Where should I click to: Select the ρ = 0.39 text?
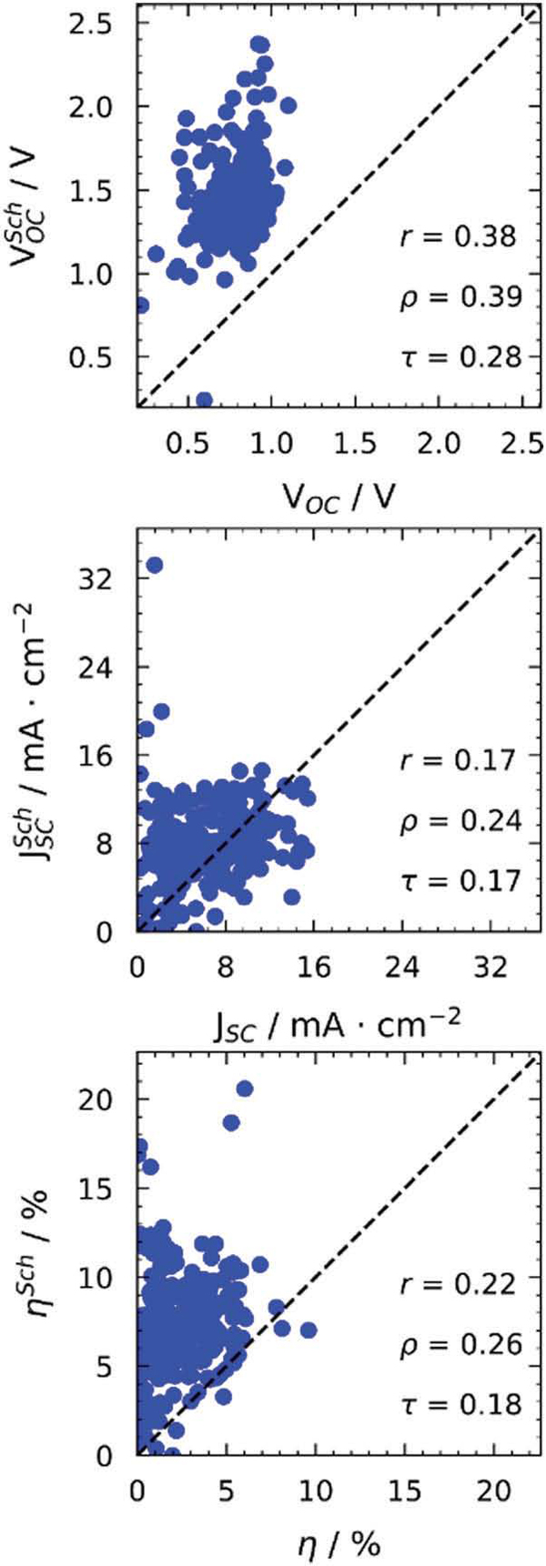(460, 297)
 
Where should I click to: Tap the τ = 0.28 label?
(460, 356)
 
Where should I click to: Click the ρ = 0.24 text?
(460, 821)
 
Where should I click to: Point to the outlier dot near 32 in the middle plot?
(155, 565)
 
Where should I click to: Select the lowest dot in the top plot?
(204, 400)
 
